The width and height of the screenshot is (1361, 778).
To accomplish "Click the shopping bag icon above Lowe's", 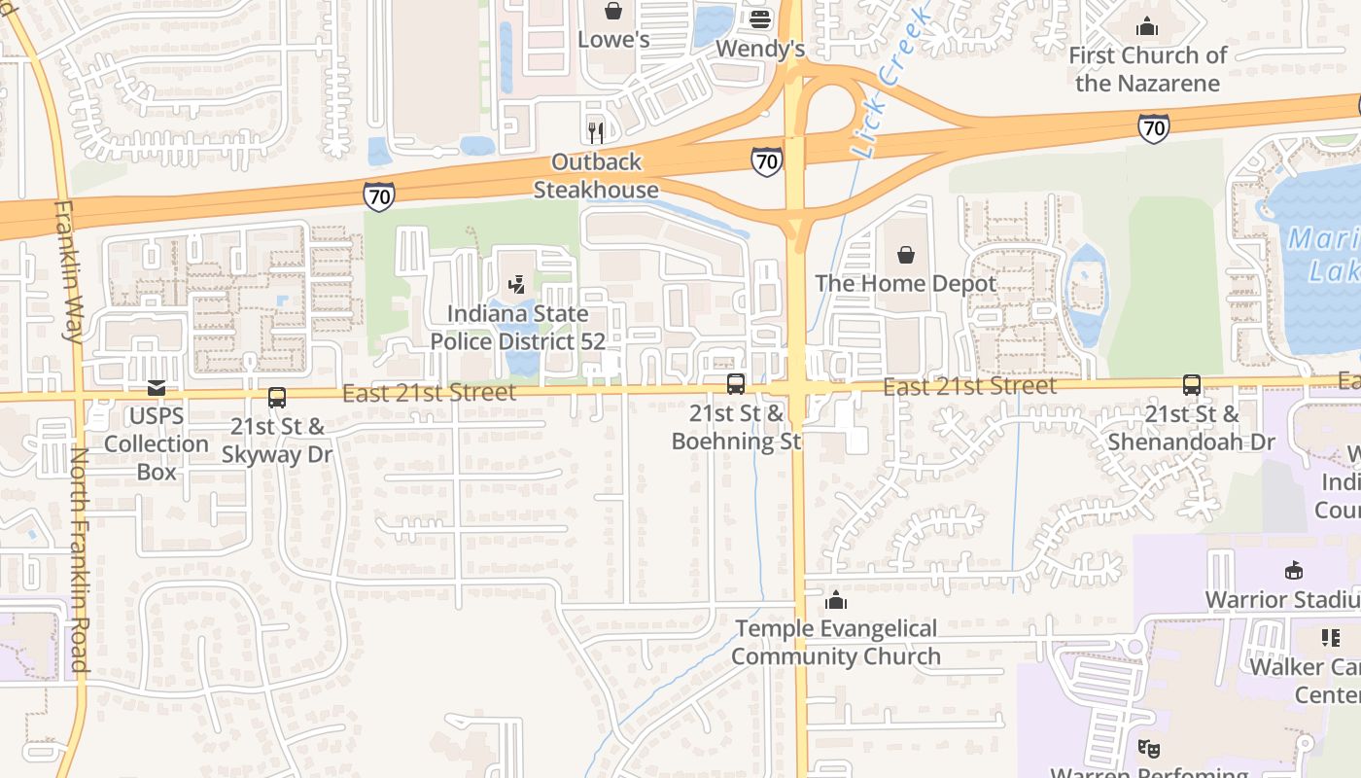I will coord(613,11).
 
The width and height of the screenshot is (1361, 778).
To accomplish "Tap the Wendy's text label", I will coord(760,48).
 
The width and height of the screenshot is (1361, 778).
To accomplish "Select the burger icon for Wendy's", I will coord(760,18).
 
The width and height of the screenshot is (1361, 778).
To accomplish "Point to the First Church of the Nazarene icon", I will coord(1147,26).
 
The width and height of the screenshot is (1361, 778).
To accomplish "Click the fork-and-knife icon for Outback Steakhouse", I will coord(596,131).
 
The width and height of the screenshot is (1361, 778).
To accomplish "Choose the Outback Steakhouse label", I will coord(596,175).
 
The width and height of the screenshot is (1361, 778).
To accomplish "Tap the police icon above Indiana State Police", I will coord(517,285).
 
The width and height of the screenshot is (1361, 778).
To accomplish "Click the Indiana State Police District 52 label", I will coord(517,328).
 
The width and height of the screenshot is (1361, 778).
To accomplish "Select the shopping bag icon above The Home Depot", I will coord(906,255).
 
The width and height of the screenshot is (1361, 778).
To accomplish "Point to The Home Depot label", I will coord(906,284).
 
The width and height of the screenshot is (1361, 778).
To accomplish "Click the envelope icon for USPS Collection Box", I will coord(157,388).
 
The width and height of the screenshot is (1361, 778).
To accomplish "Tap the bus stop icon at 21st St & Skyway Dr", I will coord(277,397).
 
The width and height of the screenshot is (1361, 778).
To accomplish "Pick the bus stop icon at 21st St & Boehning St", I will coord(736,384).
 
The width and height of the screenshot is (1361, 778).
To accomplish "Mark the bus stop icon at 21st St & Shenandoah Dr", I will coord(1192,385).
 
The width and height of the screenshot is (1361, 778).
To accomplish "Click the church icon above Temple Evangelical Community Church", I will coord(836,600).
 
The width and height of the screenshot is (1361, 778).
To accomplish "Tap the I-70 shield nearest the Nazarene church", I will coord(1153,127).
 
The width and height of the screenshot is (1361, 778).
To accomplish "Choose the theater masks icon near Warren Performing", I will coord(1149,748).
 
